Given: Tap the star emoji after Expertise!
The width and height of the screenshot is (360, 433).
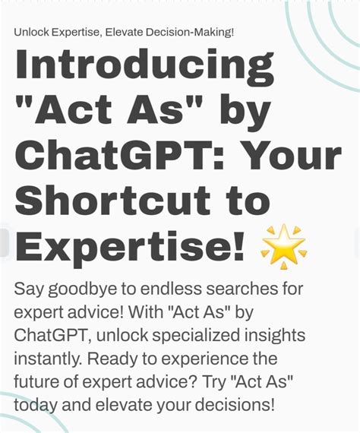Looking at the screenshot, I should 283,247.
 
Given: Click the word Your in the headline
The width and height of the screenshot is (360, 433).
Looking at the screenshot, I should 290,156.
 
